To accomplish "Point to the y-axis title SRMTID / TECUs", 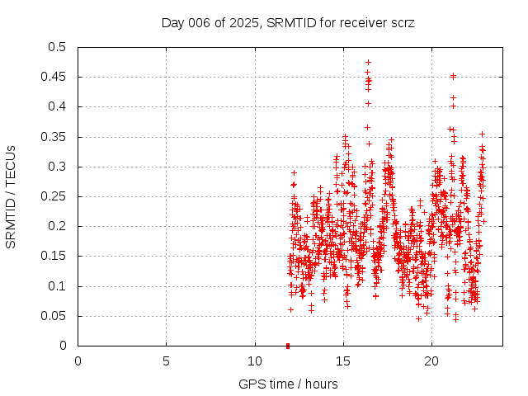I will pyautogui.click(x=12, y=196).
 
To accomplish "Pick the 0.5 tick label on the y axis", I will pyautogui.click(x=56, y=47).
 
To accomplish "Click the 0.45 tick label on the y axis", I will pyautogui.click(x=53, y=77).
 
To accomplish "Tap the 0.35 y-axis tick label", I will pyautogui.click(x=53, y=137).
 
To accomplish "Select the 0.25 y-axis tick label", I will pyautogui.click(x=53, y=196).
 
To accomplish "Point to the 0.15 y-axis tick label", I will pyautogui.click(x=53, y=257).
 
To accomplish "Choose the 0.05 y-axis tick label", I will pyautogui.click(x=53, y=316).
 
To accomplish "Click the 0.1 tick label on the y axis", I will pyautogui.click(x=56, y=286).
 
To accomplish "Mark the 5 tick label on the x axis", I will pyautogui.click(x=166, y=361).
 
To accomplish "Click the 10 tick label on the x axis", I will pyautogui.click(x=254, y=361).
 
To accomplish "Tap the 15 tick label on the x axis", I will pyautogui.click(x=342, y=361).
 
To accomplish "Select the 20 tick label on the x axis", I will pyautogui.click(x=431, y=361).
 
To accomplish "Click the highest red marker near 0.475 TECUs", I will pyautogui.click(x=368, y=62).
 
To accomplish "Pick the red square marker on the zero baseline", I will pyautogui.click(x=288, y=346).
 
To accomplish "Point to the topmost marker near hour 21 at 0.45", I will pyautogui.click(x=453, y=76).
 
